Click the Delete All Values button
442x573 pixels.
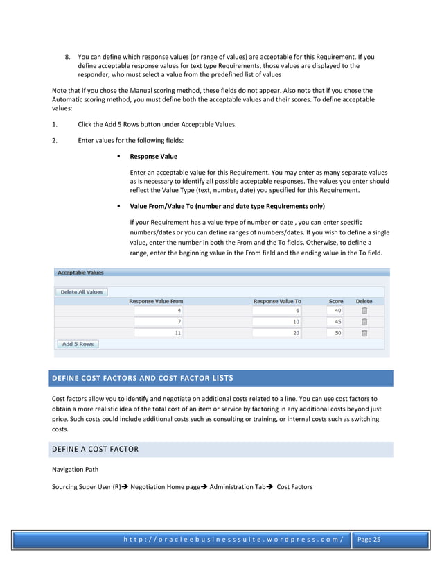tap(81, 292)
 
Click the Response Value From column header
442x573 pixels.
tap(156, 302)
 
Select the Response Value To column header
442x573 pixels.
tap(277, 302)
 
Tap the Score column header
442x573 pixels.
tap(336, 302)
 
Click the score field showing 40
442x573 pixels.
tap(335, 311)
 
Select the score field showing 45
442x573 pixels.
tap(335, 322)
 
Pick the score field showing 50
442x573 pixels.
tap(335, 333)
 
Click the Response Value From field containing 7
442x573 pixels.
tap(159, 322)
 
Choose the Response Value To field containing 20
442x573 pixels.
tap(277, 333)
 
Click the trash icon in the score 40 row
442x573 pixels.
tap(364, 311)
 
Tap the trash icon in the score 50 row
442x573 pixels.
tap(364, 333)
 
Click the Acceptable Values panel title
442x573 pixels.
tap(80, 273)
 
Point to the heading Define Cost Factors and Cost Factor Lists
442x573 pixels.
tap(143, 379)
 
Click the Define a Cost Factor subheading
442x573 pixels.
tap(96, 450)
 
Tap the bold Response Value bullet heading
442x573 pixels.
tap(153, 157)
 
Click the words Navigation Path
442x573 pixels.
tap(75, 469)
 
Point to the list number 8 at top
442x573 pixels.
tap(68, 57)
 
